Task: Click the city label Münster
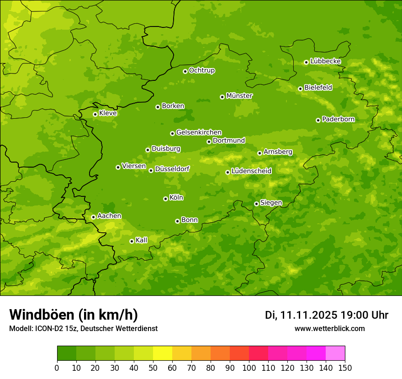click(239, 96)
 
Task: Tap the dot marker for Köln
click(165, 199)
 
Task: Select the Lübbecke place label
click(325, 61)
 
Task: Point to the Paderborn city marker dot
click(318, 120)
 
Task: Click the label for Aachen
click(109, 216)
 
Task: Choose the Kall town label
click(142, 240)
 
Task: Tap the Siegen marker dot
click(256, 204)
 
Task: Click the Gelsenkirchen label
click(199, 132)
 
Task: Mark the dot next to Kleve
click(95, 114)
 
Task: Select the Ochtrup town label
click(202, 70)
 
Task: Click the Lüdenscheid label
click(251, 171)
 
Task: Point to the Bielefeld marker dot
click(300, 89)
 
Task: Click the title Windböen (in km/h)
click(74, 315)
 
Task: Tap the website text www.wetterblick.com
click(329, 329)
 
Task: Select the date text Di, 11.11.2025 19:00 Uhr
click(327, 315)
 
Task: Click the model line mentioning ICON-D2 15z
click(83, 329)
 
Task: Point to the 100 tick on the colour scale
click(249, 368)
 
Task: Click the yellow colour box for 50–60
click(163, 353)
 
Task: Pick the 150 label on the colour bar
click(344, 368)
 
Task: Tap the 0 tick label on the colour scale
click(57, 368)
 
